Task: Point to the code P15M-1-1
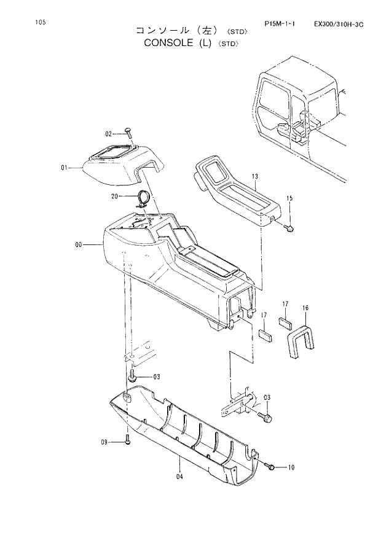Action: click(280, 25)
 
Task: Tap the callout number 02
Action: click(108, 133)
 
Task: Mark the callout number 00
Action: click(79, 245)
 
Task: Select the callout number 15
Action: click(289, 198)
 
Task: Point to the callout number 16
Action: click(305, 307)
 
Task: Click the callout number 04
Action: click(179, 476)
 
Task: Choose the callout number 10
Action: click(291, 467)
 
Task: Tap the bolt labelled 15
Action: click(289, 228)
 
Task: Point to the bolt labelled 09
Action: click(127, 440)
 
